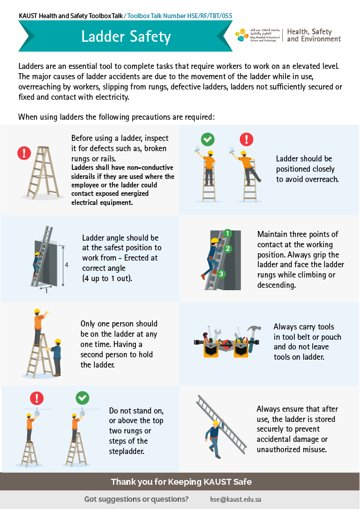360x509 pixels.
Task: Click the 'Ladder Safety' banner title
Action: (x=126, y=36)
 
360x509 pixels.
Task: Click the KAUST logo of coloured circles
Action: (x=242, y=35)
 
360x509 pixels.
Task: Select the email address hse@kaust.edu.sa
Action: (x=236, y=499)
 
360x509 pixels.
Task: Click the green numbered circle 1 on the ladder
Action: (x=227, y=233)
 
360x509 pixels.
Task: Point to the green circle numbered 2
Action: (x=228, y=248)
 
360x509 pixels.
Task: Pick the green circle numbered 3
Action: (x=221, y=274)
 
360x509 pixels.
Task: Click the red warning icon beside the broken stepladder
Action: (x=24, y=153)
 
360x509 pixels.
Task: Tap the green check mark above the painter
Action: (x=208, y=139)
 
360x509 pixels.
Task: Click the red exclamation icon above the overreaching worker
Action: (x=246, y=139)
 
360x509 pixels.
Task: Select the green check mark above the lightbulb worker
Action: (x=82, y=398)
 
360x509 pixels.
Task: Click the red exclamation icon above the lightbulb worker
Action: (x=37, y=398)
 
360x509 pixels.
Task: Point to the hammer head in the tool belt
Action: (x=254, y=329)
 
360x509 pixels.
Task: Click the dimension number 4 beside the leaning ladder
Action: (x=66, y=265)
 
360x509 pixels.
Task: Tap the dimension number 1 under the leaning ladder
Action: (x=47, y=291)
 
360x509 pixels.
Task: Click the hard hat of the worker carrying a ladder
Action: (x=215, y=423)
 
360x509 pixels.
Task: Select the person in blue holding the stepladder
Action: (x=56, y=357)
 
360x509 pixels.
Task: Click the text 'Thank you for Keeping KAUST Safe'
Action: (x=181, y=482)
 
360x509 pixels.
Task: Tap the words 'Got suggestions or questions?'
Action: (x=137, y=499)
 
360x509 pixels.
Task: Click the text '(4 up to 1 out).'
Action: (x=107, y=278)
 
